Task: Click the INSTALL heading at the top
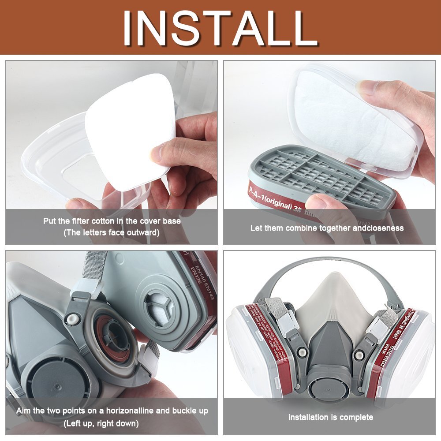point(220,27)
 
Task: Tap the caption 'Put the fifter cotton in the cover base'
point(112,221)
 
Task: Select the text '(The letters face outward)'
point(112,232)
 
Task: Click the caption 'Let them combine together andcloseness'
point(327,228)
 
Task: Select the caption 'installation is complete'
point(331,417)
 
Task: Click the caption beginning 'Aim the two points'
point(112,411)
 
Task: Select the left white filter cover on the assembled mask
point(245,348)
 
